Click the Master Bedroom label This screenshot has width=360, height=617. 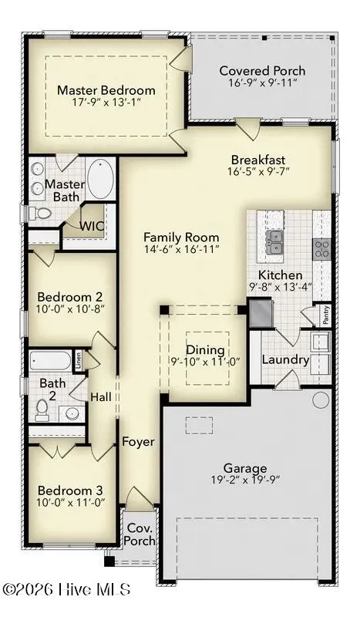click(106, 90)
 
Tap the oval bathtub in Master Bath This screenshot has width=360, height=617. click(101, 178)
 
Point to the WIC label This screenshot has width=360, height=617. click(92, 226)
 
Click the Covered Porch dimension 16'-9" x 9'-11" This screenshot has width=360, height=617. click(262, 83)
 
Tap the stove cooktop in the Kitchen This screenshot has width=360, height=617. click(321, 249)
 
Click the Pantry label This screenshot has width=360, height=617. click(326, 315)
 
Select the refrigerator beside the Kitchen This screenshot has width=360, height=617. click(261, 313)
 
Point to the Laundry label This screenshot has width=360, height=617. click(286, 359)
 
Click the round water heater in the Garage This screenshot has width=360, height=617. click(321, 400)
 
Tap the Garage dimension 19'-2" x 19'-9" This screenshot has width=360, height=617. click(245, 480)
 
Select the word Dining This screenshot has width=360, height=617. click(205, 350)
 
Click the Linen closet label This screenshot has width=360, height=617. click(79, 360)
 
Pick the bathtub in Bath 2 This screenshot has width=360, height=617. click(50, 361)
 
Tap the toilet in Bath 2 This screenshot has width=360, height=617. click(42, 410)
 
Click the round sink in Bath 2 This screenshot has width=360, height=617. click(72, 413)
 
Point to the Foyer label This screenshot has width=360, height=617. click(138, 442)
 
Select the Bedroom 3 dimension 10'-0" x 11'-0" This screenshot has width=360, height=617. click(71, 503)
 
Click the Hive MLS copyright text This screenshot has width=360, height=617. click(66, 589)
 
